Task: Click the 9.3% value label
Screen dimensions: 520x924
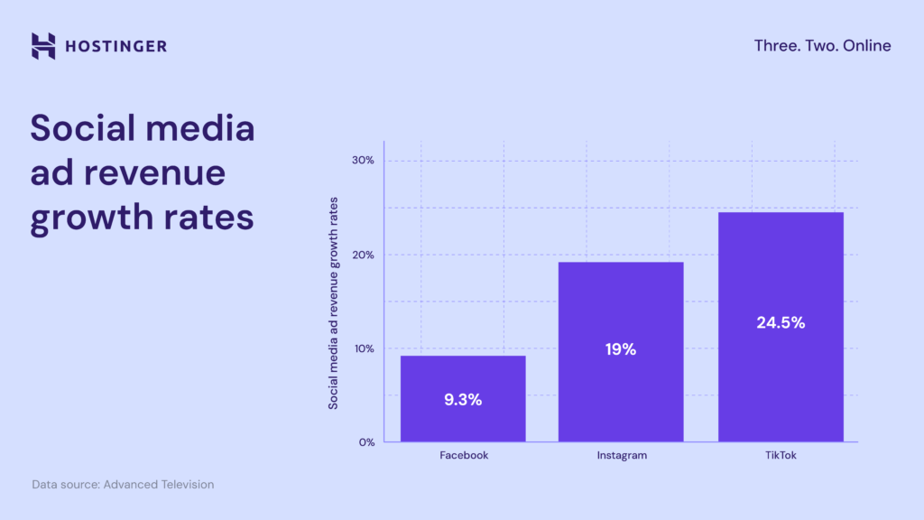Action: click(x=463, y=400)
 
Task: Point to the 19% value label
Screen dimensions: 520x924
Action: click(x=621, y=349)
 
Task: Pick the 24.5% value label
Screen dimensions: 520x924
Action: click(x=781, y=322)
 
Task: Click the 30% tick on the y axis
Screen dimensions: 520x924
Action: click(x=363, y=161)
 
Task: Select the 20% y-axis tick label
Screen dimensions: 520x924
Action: click(x=363, y=255)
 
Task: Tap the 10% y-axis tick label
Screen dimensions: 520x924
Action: click(x=363, y=348)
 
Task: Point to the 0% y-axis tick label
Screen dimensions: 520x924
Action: click(x=365, y=442)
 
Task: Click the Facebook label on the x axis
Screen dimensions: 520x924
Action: click(x=464, y=456)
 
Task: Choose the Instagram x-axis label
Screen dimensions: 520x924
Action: click(x=622, y=456)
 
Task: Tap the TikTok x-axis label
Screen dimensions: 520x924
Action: click(x=781, y=456)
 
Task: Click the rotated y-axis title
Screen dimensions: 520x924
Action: click(x=333, y=302)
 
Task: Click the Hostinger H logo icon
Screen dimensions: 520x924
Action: click(x=43, y=46)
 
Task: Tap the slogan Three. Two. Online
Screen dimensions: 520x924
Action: click(x=822, y=46)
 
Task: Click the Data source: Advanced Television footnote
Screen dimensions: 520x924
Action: click(x=123, y=485)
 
